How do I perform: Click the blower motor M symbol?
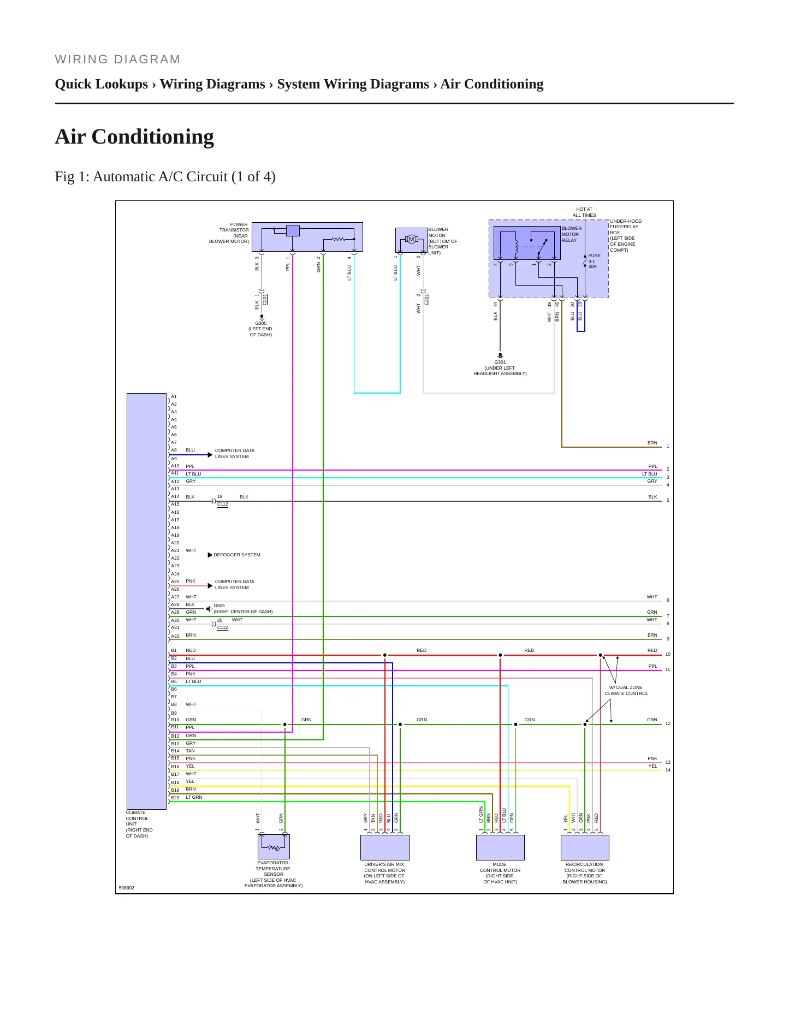pyautogui.click(x=412, y=239)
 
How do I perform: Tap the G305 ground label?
pyautogui.click(x=261, y=323)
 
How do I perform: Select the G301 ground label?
pyautogui.click(x=500, y=362)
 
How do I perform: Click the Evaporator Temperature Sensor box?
pyautogui.click(x=274, y=847)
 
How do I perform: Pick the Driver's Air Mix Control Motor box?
pyautogui.click(x=385, y=847)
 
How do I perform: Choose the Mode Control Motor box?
pyautogui.click(x=500, y=847)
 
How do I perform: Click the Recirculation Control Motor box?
pyautogui.click(x=585, y=847)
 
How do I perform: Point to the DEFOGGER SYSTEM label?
pyautogui.click(x=237, y=555)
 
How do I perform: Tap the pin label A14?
pyautogui.click(x=175, y=497)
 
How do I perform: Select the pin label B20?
pyautogui.click(x=175, y=798)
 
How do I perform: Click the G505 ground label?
pyautogui.click(x=219, y=606)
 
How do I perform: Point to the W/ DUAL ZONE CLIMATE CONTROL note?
pyautogui.click(x=626, y=691)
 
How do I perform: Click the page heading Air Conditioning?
pyautogui.click(x=134, y=136)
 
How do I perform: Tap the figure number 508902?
pyautogui.click(x=127, y=888)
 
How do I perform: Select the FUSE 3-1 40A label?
pyautogui.click(x=594, y=261)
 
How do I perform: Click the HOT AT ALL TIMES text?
pyautogui.click(x=584, y=212)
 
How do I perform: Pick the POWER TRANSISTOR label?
pyautogui.click(x=234, y=227)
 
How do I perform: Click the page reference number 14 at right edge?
pyautogui.click(x=668, y=770)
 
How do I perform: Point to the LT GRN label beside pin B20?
pyautogui.click(x=194, y=797)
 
